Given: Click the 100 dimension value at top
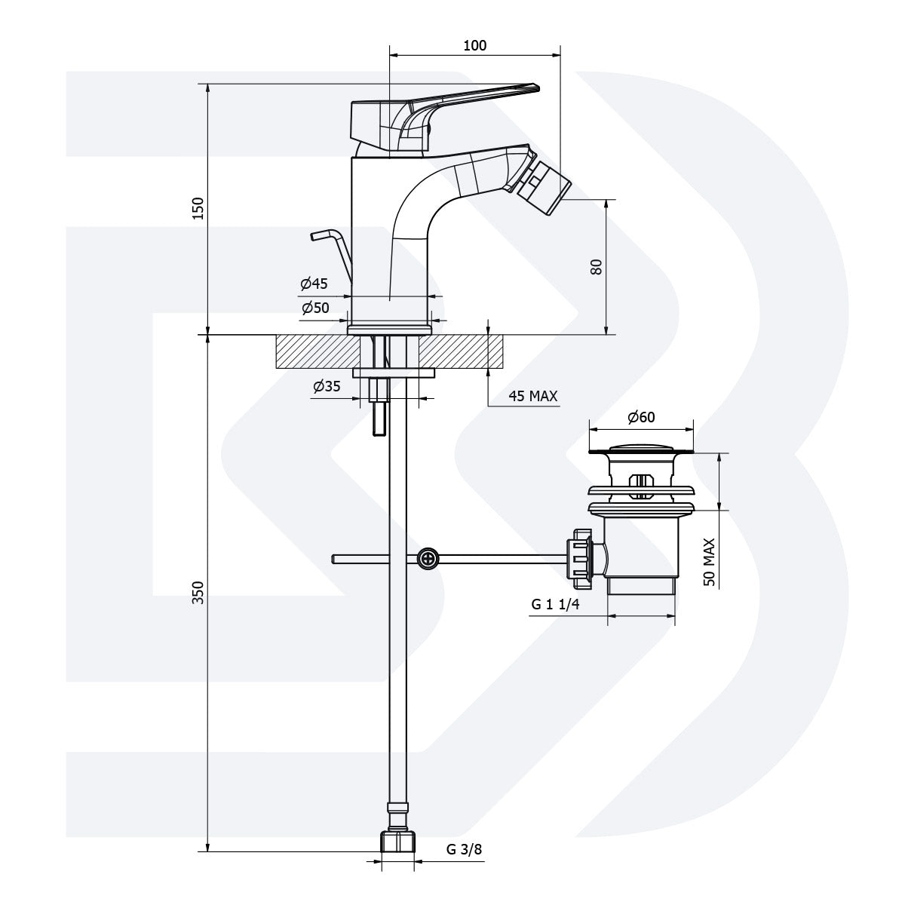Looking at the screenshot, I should coord(474,45).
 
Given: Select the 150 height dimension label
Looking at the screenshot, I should coord(198,208).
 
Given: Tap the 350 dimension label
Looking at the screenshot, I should coord(198,594).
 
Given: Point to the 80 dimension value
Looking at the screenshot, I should coord(597,266).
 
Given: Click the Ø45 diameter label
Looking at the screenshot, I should coord(314,284).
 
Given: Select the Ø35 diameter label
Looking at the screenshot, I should coord(327,386).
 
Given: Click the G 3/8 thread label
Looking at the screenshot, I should coord(464,850).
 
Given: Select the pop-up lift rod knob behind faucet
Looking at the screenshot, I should coord(321,236).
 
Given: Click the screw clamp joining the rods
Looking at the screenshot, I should coord(428,559).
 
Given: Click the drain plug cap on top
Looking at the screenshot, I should coord(640,449).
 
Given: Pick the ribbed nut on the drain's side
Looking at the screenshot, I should coord(583,559).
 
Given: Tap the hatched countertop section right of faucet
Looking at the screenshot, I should coord(452,352).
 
